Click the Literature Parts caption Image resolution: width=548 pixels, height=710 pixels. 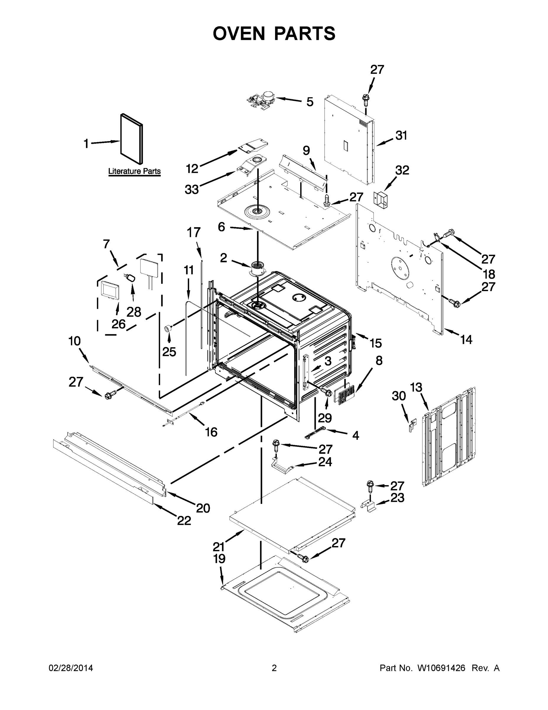(134, 171)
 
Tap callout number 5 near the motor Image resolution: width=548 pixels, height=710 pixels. (310, 102)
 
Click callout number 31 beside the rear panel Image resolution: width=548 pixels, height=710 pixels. (401, 135)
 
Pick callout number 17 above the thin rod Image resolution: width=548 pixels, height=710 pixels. (193, 233)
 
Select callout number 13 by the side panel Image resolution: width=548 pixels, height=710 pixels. (416, 388)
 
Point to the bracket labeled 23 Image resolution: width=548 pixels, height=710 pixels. (369, 506)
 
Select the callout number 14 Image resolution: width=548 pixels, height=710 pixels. (466, 340)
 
